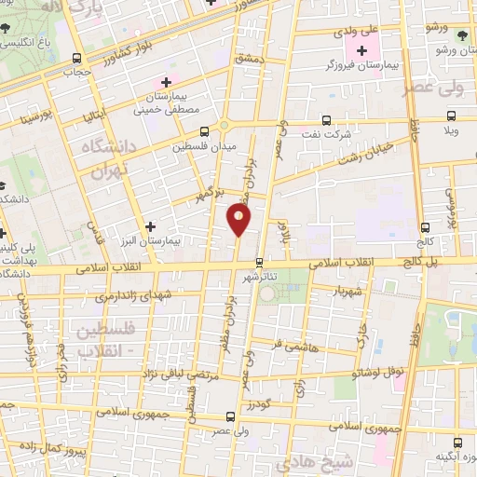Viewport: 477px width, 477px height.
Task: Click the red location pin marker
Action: [238, 220]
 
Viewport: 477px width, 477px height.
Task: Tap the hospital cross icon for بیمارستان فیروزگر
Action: [361, 49]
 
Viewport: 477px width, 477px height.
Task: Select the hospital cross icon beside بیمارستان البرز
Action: [151, 226]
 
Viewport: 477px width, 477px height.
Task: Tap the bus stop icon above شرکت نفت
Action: [325, 119]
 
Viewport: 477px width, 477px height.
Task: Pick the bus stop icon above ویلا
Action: [451, 116]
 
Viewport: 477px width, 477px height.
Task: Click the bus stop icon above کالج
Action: [425, 226]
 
